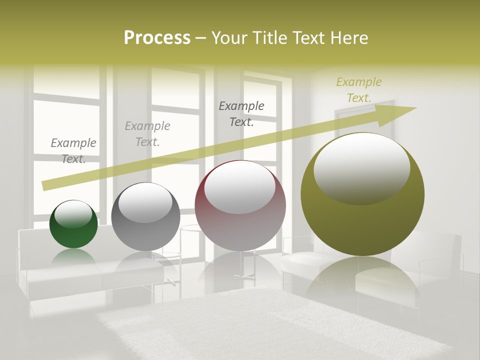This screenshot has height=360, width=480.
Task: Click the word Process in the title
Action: tap(157, 37)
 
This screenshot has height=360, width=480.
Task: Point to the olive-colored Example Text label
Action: tap(358, 90)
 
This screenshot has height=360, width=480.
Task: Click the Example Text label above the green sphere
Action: tap(73, 151)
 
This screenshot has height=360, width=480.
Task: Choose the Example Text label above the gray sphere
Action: tap(147, 134)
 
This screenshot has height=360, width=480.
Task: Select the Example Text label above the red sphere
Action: tap(241, 113)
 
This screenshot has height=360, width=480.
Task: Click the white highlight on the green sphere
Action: tap(73, 214)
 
